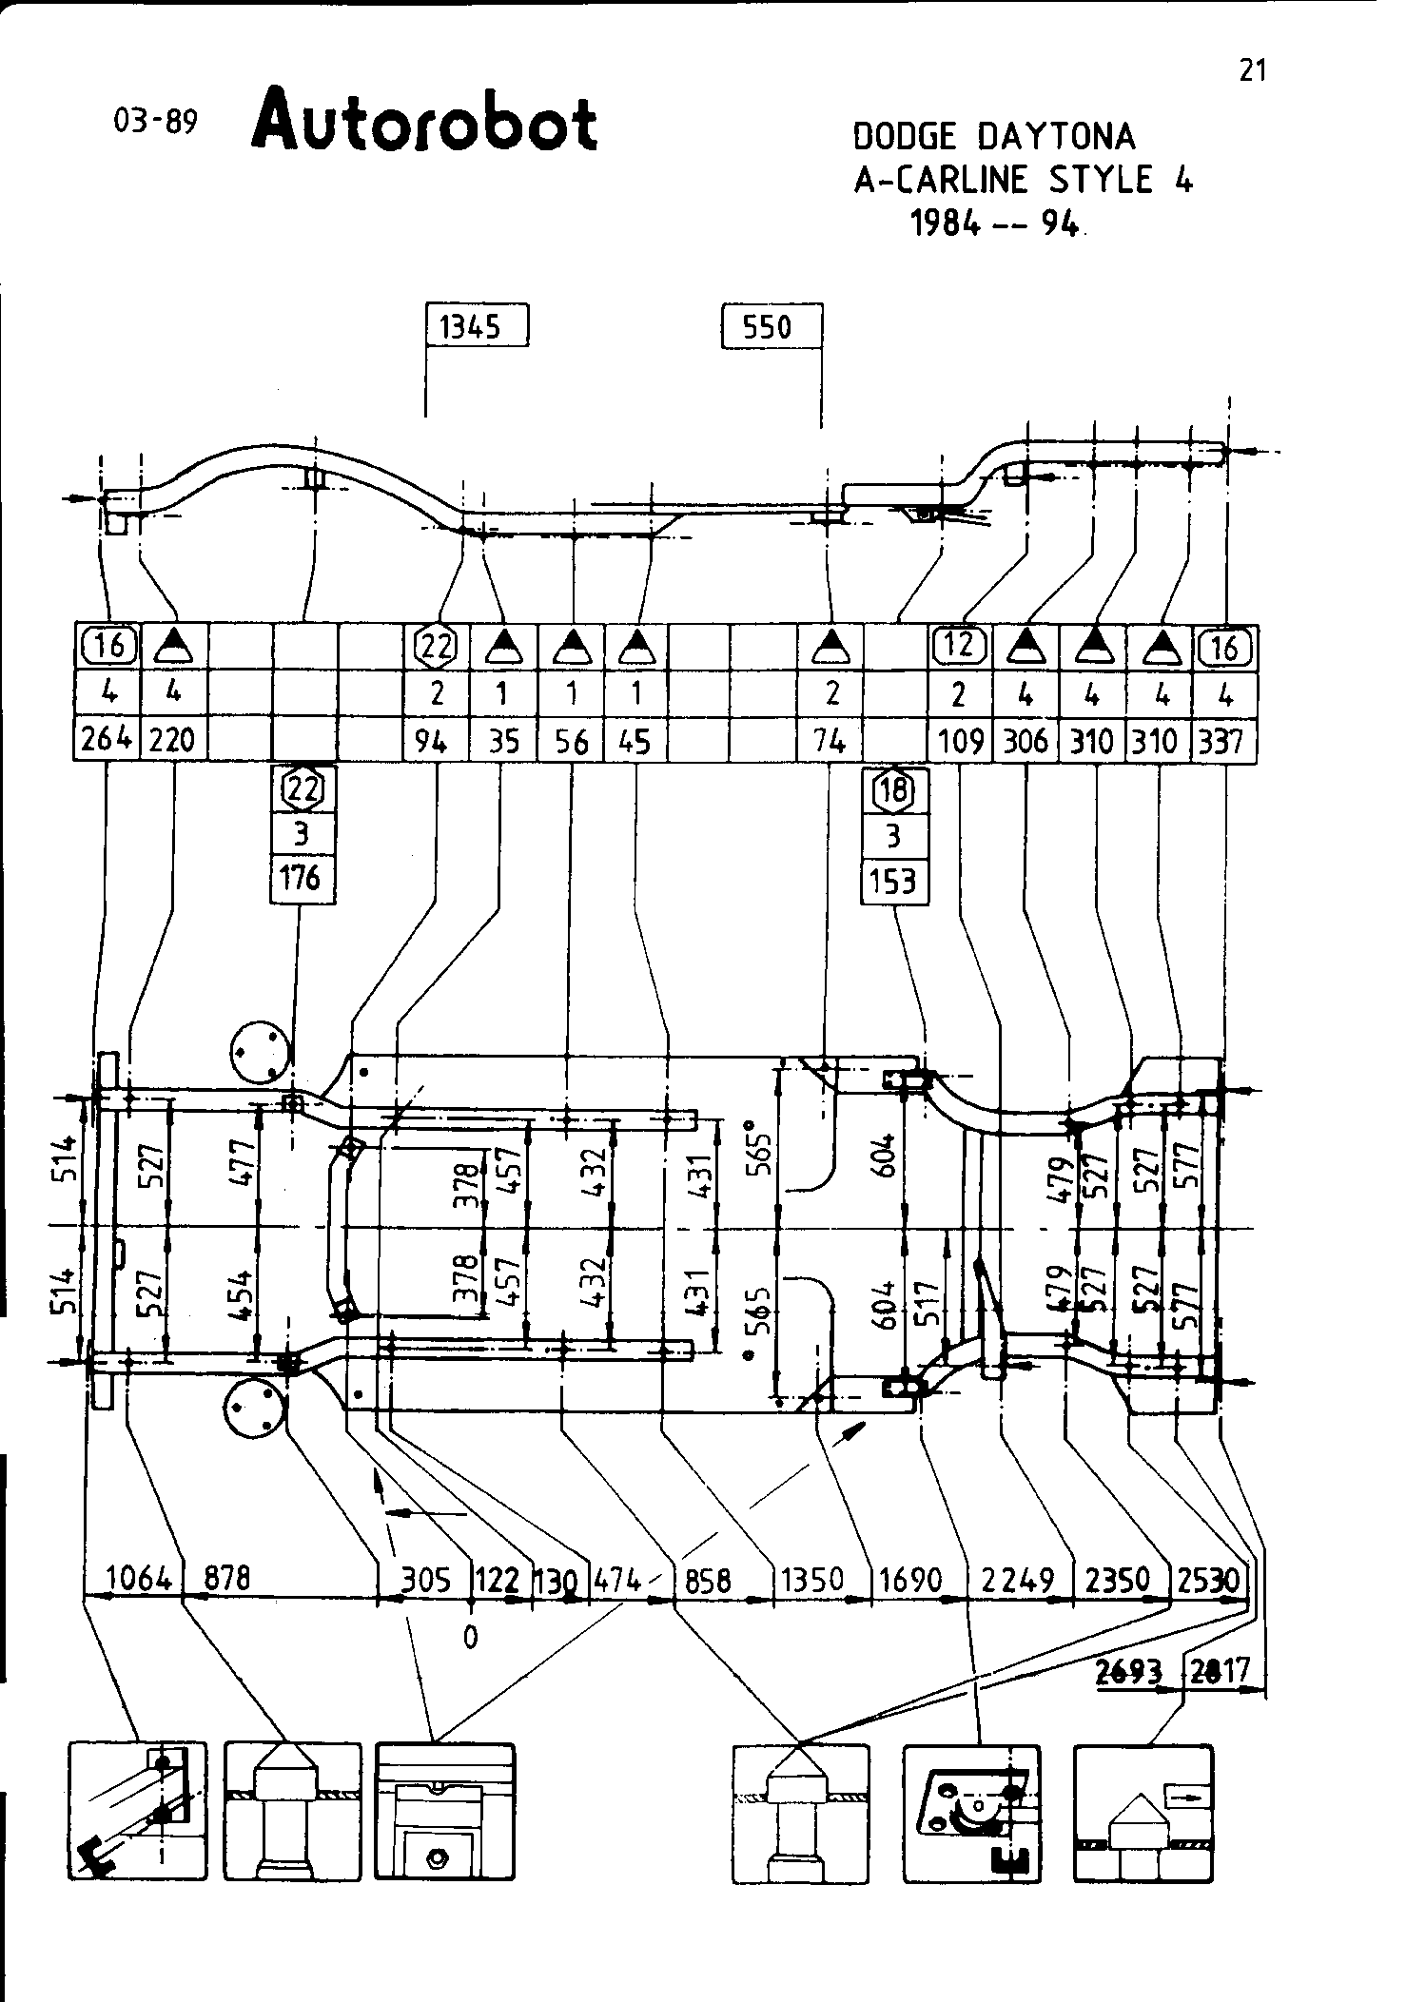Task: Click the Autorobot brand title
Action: (x=424, y=119)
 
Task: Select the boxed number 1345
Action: (x=475, y=327)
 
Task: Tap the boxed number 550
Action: (x=770, y=327)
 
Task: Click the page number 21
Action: (x=1253, y=70)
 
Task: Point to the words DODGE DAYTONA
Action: (x=994, y=137)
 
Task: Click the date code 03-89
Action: (x=154, y=121)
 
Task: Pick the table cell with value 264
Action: (x=106, y=740)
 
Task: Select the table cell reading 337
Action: (x=1223, y=740)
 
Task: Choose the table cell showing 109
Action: (x=960, y=740)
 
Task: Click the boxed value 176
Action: (x=302, y=877)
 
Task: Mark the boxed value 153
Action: (x=893, y=881)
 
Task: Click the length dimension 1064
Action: (x=139, y=1580)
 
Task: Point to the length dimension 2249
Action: (x=1018, y=1580)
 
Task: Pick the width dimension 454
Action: (x=242, y=1295)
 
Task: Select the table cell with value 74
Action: (x=830, y=740)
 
